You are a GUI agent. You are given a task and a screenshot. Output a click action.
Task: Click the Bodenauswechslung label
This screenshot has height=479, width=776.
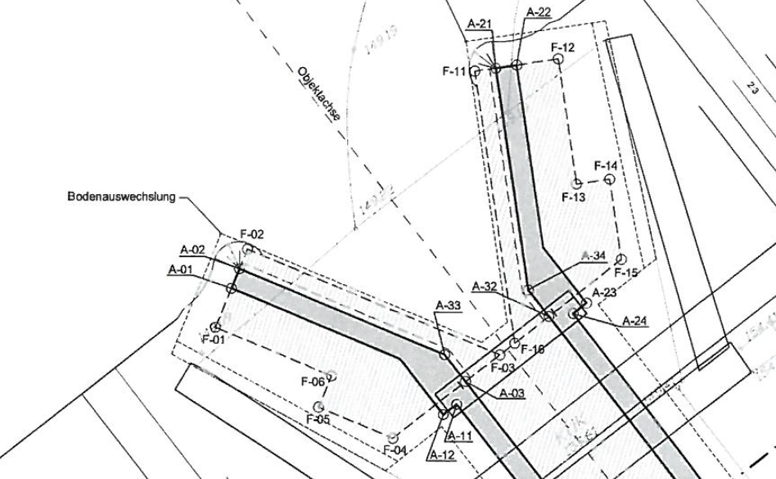tap(121, 197)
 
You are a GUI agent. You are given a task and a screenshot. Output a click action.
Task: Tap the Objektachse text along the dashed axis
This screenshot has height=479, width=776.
tap(318, 97)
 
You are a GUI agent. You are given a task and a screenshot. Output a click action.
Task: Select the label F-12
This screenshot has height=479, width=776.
tap(563, 47)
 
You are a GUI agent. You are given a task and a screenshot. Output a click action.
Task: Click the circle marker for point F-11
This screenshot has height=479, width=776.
tap(475, 71)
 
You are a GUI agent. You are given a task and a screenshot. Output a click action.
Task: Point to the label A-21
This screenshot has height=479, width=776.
tap(479, 25)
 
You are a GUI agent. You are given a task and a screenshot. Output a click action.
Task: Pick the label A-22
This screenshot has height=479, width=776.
tap(539, 11)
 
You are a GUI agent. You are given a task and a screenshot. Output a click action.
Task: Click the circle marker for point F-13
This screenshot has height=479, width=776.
tap(577, 183)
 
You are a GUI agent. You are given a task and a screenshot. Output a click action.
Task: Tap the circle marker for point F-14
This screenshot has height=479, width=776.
tap(608, 179)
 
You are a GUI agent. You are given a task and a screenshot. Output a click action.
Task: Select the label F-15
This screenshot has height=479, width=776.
tap(625, 272)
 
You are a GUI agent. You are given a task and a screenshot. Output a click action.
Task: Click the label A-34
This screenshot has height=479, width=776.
tap(593, 256)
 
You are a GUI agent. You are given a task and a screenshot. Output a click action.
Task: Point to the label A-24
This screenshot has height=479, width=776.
tap(635, 319)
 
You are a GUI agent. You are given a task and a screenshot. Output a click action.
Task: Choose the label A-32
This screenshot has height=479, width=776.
tap(485, 287)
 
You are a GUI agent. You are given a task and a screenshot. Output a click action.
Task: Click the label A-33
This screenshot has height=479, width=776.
tap(449, 305)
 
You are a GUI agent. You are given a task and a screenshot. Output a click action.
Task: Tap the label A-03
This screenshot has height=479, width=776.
tap(512, 393)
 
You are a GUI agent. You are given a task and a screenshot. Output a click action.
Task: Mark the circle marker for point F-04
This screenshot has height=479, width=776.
tap(393, 437)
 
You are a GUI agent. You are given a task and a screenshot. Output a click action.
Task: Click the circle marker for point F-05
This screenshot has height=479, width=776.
tap(318, 407)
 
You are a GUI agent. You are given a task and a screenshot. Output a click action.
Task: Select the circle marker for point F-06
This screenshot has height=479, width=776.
tap(332, 377)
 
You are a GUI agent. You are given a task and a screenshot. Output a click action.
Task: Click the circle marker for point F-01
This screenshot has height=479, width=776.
tap(216, 327)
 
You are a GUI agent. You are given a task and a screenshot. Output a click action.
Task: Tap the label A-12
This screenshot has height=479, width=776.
tap(441, 455)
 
